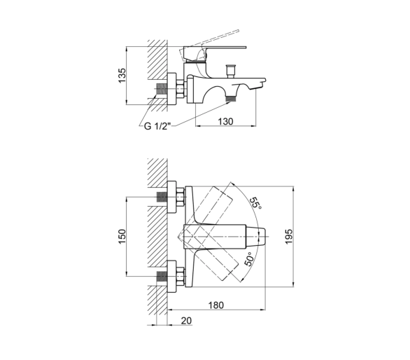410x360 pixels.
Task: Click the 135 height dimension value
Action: [x=122, y=76]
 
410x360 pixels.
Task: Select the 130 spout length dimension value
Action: [x=225, y=121]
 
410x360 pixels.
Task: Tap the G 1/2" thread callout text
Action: [x=157, y=127]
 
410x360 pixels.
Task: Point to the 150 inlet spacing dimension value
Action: [x=122, y=237]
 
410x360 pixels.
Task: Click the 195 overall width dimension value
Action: [x=289, y=237]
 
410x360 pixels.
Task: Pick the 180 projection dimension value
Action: [x=216, y=305]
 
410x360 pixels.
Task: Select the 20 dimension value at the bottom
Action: [x=186, y=321]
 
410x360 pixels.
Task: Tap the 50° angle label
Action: [x=249, y=259]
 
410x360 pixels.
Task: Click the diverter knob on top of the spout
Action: [x=231, y=71]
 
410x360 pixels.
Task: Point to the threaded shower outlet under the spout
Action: [x=231, y=99]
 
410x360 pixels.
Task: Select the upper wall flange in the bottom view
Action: [x=171, y=197]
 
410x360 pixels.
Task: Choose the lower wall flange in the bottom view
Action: [x=171, y=277]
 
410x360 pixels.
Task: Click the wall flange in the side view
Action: [x=171, y=89]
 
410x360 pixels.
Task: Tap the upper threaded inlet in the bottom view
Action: [x=162, y=197]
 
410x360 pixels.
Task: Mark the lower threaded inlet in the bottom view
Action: [x=162, y=277]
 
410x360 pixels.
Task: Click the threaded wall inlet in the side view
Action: [x=161, y=89]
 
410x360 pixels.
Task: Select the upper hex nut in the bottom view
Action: [x=181, y=197]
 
